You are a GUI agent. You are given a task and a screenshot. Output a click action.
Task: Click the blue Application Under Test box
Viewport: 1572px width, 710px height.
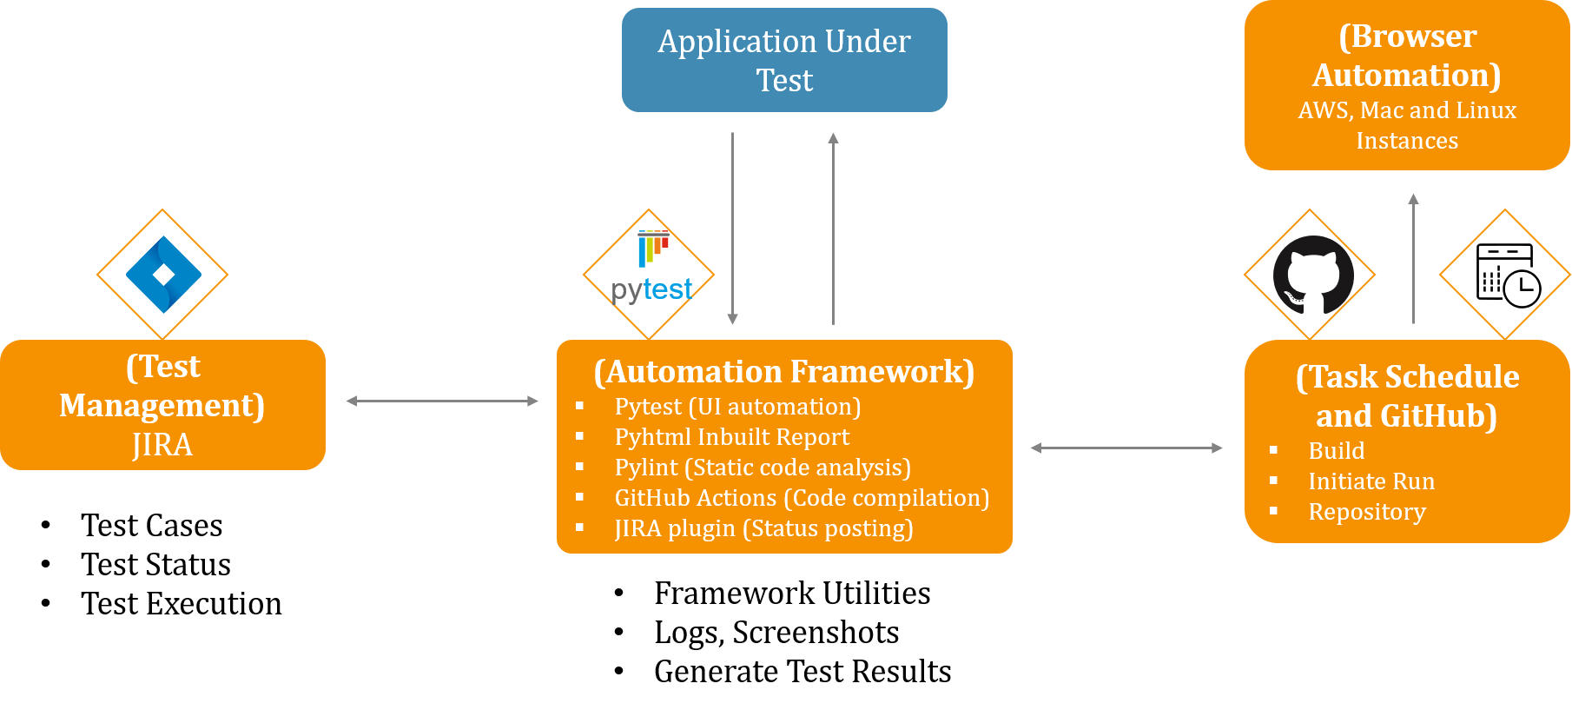784,60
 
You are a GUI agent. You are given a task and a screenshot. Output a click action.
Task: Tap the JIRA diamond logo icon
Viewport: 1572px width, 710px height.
163,275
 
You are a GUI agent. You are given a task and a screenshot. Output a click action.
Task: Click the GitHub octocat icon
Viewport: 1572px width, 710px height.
1313,275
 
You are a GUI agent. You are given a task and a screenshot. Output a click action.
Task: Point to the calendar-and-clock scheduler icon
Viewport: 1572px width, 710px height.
1509,275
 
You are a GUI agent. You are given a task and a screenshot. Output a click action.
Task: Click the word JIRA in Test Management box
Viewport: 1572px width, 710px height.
162,445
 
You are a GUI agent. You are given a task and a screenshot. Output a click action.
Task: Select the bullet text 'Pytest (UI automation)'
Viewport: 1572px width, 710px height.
737,407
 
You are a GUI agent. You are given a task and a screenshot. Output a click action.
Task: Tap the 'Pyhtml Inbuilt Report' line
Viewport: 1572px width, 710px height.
732,436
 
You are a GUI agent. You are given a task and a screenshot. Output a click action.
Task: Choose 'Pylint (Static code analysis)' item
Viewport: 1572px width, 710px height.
763,468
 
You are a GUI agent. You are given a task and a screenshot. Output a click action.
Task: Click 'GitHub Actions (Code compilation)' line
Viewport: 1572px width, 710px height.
802,498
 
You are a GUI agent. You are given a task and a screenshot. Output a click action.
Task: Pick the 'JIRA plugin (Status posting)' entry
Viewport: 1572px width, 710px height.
763,528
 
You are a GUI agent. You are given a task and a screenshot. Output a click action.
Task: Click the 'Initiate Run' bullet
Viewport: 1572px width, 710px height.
1371,481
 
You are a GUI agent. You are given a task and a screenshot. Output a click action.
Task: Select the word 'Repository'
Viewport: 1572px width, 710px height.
1367,512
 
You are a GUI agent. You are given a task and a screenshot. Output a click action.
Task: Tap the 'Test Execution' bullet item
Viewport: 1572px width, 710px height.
182,603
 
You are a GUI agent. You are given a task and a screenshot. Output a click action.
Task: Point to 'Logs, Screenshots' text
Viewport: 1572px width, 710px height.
776,633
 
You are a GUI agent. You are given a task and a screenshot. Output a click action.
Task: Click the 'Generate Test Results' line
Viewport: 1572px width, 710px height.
803,671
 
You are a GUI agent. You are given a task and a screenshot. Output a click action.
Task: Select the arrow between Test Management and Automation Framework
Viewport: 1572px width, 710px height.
442,401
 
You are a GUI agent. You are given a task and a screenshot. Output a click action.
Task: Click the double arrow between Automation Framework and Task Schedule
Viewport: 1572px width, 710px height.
1126,448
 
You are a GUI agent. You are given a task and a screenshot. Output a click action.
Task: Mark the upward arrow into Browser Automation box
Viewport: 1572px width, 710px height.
1414,259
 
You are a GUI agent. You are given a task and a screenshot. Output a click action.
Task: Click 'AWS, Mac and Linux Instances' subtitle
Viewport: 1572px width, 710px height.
1407,125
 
